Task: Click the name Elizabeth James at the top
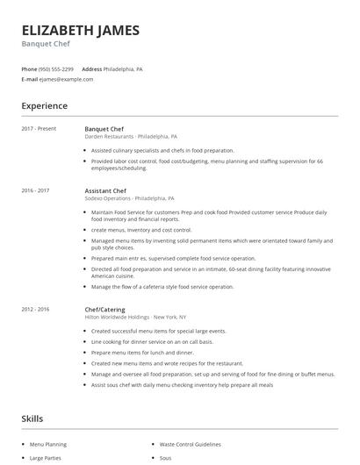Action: (x=80, y=30)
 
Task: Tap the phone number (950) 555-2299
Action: (x=56, y=68)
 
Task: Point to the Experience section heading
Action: (x=44, y=106)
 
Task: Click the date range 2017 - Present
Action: (x=39, y=129)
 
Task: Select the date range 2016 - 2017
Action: (x=35, y=190)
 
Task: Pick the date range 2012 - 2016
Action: (x=35, y=309)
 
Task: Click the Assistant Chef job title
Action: (x=105, y=190)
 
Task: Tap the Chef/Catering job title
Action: (x=104, y=309)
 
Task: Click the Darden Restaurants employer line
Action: (x=131, y=137)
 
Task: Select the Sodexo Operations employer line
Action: (x=129, y=198)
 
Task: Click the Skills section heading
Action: (x=32, y=418)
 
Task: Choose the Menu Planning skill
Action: (x=47, y=444)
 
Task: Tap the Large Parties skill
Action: (x=46, y=458)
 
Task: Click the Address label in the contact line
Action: (x=91, y=68)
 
